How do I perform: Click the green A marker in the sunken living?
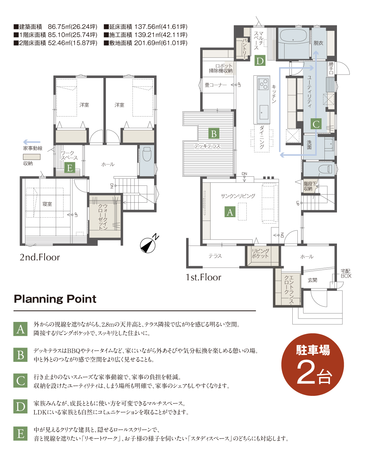click(x=230, y=212)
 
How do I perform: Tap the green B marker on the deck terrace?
click(x=214, y=133)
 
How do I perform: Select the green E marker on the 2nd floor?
click(x=70, y=168)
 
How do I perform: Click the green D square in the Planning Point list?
click(x=20, y=406)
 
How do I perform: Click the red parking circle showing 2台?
click(x=312, y=364)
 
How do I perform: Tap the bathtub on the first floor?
click(x=293, y=39)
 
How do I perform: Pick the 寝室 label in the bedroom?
click(x=47, y=204)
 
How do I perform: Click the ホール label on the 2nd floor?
click(x=108, y=164)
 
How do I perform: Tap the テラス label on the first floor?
click(x=215, y=256)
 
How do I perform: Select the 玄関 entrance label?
click(x=312, y=280)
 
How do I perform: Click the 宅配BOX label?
click(x=346, y=273)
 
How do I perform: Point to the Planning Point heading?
click(x=55, y=299)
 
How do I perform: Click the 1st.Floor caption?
click(x=203, y=277)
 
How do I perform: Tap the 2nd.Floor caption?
click(x=40, y=257)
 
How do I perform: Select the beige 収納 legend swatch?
click(x=32, y=157)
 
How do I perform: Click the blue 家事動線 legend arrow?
click(x=32, y=142)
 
